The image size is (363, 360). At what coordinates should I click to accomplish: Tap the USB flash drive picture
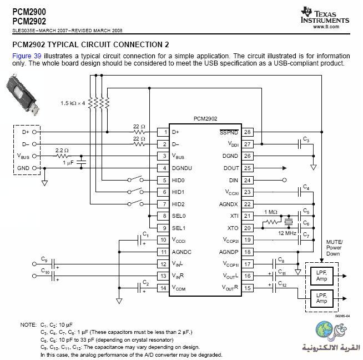coord(22,95)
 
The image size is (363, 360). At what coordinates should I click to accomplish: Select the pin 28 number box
coord(247,132)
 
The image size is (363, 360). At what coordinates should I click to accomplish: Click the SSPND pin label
coord(229,132)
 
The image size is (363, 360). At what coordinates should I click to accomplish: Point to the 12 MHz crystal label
coord(287,233)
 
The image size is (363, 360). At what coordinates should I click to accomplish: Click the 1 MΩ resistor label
coord(271,212)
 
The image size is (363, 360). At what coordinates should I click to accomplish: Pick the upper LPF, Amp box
coord(321,276)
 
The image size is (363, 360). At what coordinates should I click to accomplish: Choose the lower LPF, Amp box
coord(321,298)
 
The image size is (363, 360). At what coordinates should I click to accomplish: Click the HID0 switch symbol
coord(135,179)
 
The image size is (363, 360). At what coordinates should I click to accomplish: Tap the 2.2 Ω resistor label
coord(62,151)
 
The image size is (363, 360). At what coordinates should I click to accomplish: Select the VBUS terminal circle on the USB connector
coord(34,156)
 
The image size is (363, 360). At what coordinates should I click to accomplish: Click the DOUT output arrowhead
coord(285,168)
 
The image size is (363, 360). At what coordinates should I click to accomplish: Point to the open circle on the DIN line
coord(285,180)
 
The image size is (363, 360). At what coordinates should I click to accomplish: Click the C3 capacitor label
coord(306,139)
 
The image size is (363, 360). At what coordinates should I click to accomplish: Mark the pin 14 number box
coord(163,288)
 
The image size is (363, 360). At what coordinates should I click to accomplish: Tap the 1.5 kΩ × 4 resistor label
coord(73,103)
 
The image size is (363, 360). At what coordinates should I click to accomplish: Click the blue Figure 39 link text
coord(27,56)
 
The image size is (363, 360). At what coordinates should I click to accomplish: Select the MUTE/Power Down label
coord(334,248)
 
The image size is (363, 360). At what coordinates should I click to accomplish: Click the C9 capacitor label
coord(44,259)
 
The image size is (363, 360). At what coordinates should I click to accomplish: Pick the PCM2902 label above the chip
coord(205,118)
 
